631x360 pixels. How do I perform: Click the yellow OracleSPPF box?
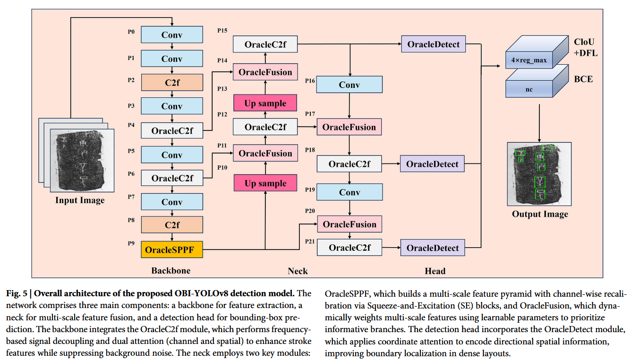[x=172, y=249]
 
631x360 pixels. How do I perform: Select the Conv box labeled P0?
[x=172, y=34]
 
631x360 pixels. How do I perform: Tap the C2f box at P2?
[x=172, y=83]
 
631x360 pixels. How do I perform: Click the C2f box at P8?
[x=172, y=225]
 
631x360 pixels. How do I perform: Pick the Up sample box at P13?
[x=265, y=103]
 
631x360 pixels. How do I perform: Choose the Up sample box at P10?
[x=265, y=183]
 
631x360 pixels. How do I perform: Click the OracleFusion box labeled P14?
[x=265, y=72]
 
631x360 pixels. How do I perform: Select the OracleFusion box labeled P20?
[x=350, y=224]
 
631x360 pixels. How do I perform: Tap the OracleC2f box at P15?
[x=265, y=44]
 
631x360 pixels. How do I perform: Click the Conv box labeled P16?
[x=350, y=85]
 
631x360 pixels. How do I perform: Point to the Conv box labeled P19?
[x=350, y=192]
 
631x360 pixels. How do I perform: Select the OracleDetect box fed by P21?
[x=433, y=248]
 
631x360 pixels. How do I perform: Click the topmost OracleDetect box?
[x=433, y=44]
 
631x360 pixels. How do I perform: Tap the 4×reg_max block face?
[x=529, y=60]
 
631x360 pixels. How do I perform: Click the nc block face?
[x=529, y=89]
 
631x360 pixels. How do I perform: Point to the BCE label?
[x=583, y=79]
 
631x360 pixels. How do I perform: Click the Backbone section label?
[x=171, y=271]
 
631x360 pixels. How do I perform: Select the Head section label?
[x=435, y=271]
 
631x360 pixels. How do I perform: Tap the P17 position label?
[x=310, y=114]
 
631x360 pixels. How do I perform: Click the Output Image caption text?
[x=540, y=214]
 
